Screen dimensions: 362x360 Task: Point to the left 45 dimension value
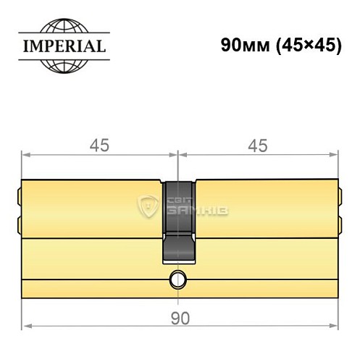[x=99, y=146]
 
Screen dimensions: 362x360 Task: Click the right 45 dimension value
[x=257, y=146]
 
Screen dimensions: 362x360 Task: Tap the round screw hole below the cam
[x=178, y=279]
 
